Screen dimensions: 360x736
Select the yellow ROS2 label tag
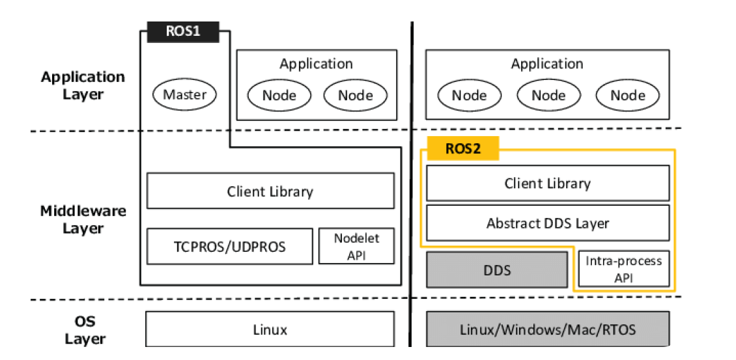pos(462,148)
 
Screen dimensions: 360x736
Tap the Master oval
pos(184,95)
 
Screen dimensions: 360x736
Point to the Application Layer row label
pos(83,85)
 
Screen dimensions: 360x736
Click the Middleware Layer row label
pos(83,219)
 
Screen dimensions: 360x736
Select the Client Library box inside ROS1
pos(270,191)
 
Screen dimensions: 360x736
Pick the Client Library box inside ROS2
pos(547,183)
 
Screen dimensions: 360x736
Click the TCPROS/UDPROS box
pos(229,246)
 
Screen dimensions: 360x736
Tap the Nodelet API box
pos(356,246)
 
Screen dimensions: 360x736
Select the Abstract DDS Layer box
pos(547,223)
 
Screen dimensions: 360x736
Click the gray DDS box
pos(497,270)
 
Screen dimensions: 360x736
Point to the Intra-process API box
pos(623,269)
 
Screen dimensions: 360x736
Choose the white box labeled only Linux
pos(270,329)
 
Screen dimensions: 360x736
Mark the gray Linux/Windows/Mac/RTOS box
pos(547,329)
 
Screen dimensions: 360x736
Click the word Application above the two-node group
pos(316,64)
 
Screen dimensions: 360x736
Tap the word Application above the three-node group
pos(547,64)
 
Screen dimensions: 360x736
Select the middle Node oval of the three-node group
pos(548,96)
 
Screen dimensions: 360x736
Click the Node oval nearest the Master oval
pos(279,96)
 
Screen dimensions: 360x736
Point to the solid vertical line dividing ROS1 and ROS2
pos(412,182)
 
